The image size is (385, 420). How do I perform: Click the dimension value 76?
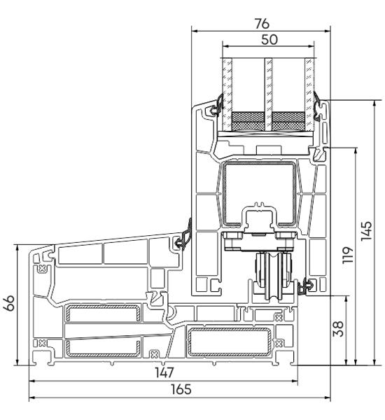262,24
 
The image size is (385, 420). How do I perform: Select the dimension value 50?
269,40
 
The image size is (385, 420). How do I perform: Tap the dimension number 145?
366,231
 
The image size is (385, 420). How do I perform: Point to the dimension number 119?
348,255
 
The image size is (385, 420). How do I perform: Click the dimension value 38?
337,329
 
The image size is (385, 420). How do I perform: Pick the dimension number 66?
9,303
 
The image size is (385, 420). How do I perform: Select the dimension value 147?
164,372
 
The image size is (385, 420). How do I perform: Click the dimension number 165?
181,389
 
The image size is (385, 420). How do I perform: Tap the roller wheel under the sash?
274,276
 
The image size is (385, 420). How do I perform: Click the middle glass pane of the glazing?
268,94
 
